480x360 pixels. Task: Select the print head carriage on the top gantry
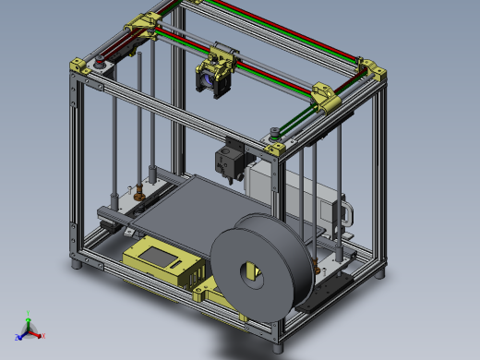216,71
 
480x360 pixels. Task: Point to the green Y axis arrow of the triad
29,322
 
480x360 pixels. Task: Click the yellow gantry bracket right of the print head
329,96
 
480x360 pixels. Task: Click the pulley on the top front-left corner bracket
99,66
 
